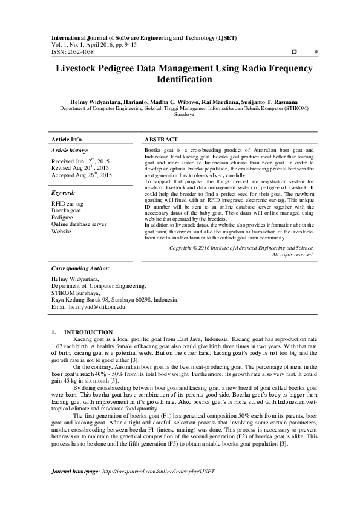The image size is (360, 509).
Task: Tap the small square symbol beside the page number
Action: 294,52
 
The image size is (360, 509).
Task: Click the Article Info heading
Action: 67,139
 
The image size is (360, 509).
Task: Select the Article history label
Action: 70,149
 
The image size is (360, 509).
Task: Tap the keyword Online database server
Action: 79,224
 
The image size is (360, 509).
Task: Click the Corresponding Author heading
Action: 80,267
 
